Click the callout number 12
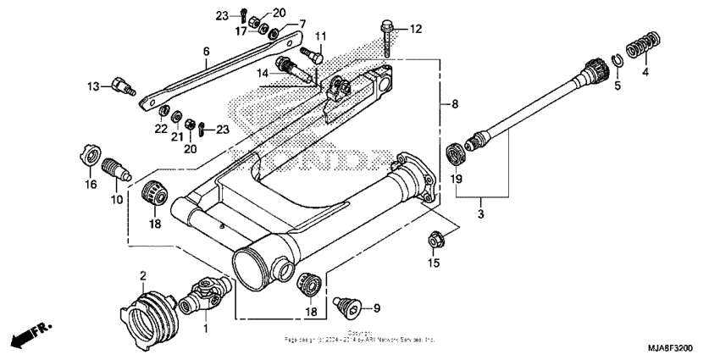pos(415,29)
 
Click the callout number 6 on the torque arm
pos(206,52)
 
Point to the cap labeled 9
pos(346,304)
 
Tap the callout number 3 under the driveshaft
pos(480,215)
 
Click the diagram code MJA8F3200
pos(672,347)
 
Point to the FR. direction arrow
pos(30,334)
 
